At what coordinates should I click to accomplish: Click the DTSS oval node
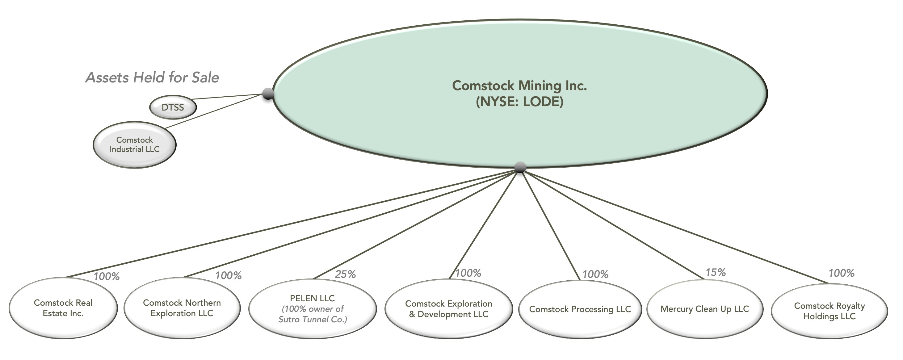pos(172,107)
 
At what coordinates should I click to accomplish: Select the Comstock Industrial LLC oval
pos(134,145)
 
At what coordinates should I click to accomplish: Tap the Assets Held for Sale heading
pos(152,77)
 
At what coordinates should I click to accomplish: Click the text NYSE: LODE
pos(519,102)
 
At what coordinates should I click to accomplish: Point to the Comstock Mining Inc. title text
pos(519,86)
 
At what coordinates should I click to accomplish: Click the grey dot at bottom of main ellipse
pos(520,168)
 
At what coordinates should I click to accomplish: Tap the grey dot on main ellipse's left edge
pos(268,94)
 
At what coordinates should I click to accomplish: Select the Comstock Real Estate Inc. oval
pos(63,308)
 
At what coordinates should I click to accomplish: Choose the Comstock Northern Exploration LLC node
pos(182,308)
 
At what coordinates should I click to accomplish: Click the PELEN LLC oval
pos(312,308)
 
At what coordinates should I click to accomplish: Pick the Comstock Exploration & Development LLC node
pos(448,309)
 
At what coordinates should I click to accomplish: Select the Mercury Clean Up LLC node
pos(705,309)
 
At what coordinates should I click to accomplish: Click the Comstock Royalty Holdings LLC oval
pos(829,311)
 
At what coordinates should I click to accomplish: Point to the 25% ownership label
pos(345,274)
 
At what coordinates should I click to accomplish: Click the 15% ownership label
pos(716,272)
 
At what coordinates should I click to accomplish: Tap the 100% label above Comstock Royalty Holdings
pos(841,273)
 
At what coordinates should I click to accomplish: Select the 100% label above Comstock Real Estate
pos(107,277)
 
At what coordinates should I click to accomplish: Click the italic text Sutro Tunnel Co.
pos(312,319)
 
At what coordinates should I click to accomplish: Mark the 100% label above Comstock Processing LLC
pos(595,274)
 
